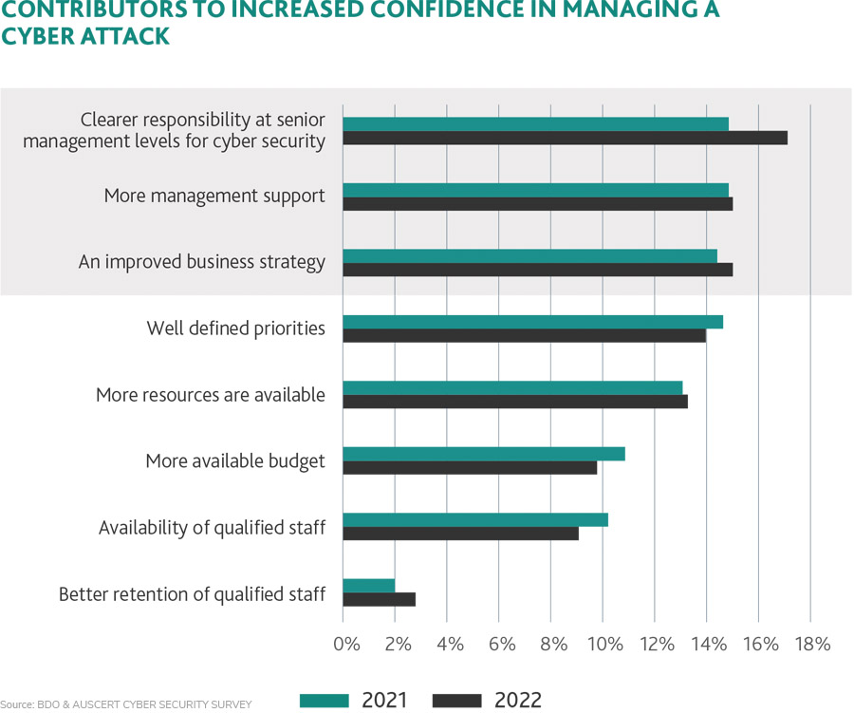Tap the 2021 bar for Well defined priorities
click(532, 322)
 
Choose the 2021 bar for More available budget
click(483, 454)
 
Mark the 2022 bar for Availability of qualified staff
click(460, 534)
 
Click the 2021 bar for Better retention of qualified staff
click(368, 586)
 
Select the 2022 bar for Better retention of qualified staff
click(379, 599)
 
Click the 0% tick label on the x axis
click(347, 644)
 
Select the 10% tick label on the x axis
click(604, 644)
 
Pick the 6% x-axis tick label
click(501, 644)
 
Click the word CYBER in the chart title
click(40, 37)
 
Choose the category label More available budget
click(235, 461)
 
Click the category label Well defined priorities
click(236, 328)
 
